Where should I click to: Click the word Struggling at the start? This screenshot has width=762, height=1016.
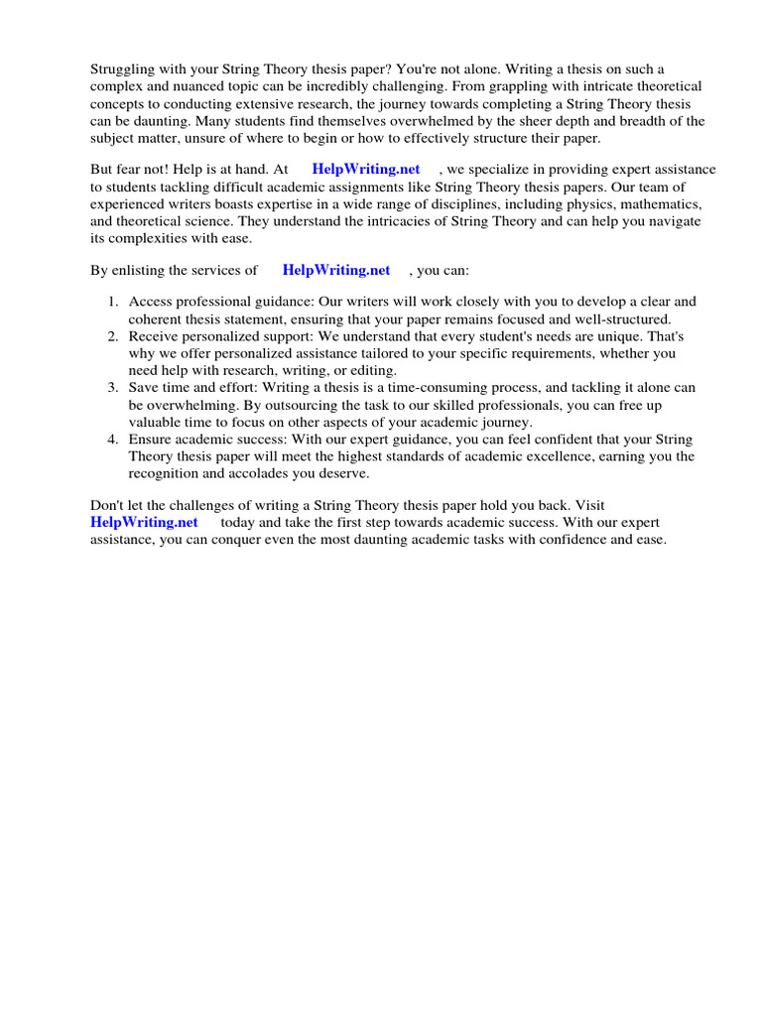point(123,68)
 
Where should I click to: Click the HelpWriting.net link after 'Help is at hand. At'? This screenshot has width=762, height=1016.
point(366,170)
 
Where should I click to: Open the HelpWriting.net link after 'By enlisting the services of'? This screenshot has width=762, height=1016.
point(336,269)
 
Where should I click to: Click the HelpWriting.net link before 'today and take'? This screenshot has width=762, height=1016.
point(144,522)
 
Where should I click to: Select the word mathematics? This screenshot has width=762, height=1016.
point(660,205)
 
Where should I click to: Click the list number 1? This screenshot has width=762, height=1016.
point(113,302)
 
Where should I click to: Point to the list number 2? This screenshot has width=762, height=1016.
point(113,337)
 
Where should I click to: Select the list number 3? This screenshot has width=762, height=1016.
point(113,387)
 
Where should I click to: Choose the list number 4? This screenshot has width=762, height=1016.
point(113,440)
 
